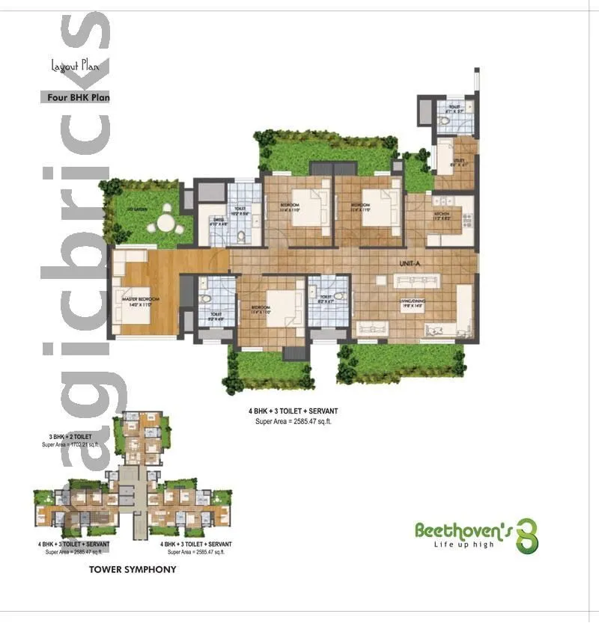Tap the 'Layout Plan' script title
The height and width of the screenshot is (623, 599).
74,66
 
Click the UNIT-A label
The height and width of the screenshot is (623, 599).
409,263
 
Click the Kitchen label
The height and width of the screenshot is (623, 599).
442,216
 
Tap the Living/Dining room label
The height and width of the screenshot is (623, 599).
410,303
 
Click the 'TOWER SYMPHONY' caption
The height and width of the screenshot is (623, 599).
133,569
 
